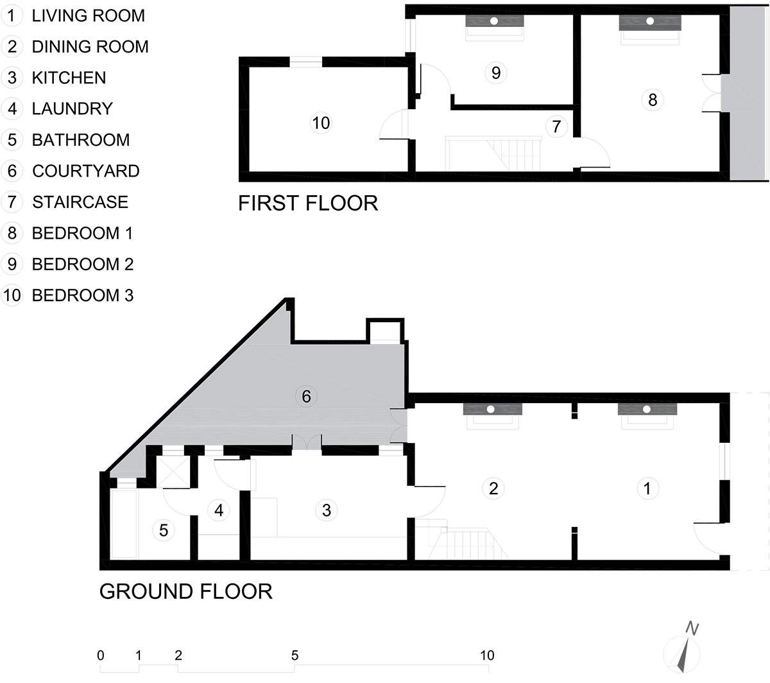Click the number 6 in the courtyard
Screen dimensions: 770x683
tap(306, 396)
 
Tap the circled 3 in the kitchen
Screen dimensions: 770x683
tap(327, 510)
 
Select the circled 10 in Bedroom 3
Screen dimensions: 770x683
tap(321, 123)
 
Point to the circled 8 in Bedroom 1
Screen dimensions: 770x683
tap(653, 99)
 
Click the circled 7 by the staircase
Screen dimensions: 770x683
tap(556, 126)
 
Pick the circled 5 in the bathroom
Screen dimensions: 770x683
tap(164, 530)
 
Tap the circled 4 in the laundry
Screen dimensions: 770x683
tap(219, 510)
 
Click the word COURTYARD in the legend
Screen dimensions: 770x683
tap(86, 171)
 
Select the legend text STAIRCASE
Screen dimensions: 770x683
tap(80, 202)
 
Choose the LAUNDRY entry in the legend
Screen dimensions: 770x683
tap(73, 108)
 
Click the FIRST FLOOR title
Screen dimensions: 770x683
tap(308, 203)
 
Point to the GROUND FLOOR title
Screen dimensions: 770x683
tap(186, 591)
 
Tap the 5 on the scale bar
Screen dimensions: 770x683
tap(295, 655)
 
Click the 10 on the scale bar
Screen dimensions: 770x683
tap(487, 655)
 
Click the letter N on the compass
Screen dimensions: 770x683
tap(692, 628)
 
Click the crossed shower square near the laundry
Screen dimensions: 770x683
tap(173, 472)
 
